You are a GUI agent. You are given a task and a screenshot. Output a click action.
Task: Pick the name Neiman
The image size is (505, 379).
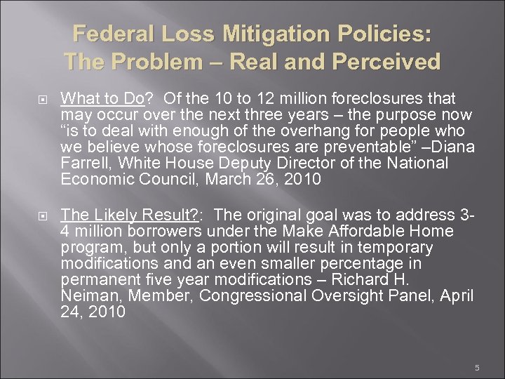click(x=85, y=295)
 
